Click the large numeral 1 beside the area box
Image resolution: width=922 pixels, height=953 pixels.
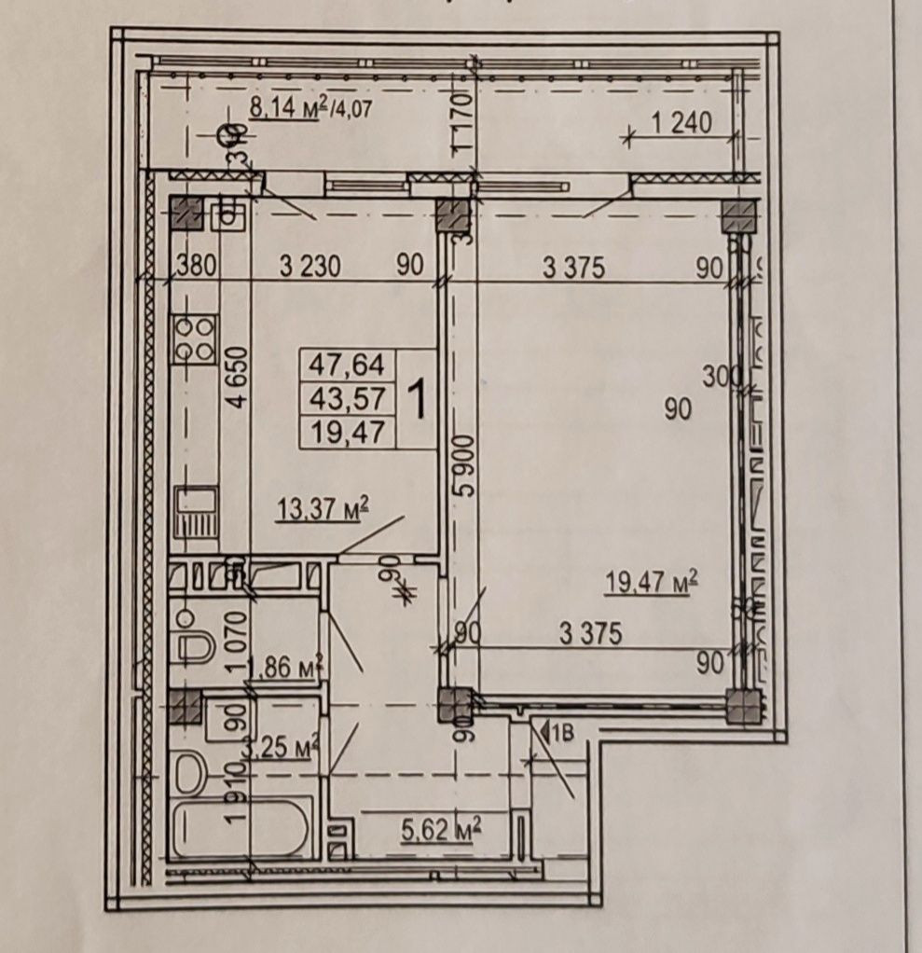[419, 400]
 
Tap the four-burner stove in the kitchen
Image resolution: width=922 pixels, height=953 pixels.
[194, 338]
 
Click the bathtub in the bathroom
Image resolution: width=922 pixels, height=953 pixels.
[240, 828]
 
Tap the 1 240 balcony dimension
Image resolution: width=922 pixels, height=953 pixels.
[681, 123]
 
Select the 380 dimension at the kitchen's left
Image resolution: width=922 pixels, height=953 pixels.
[196, 267]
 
